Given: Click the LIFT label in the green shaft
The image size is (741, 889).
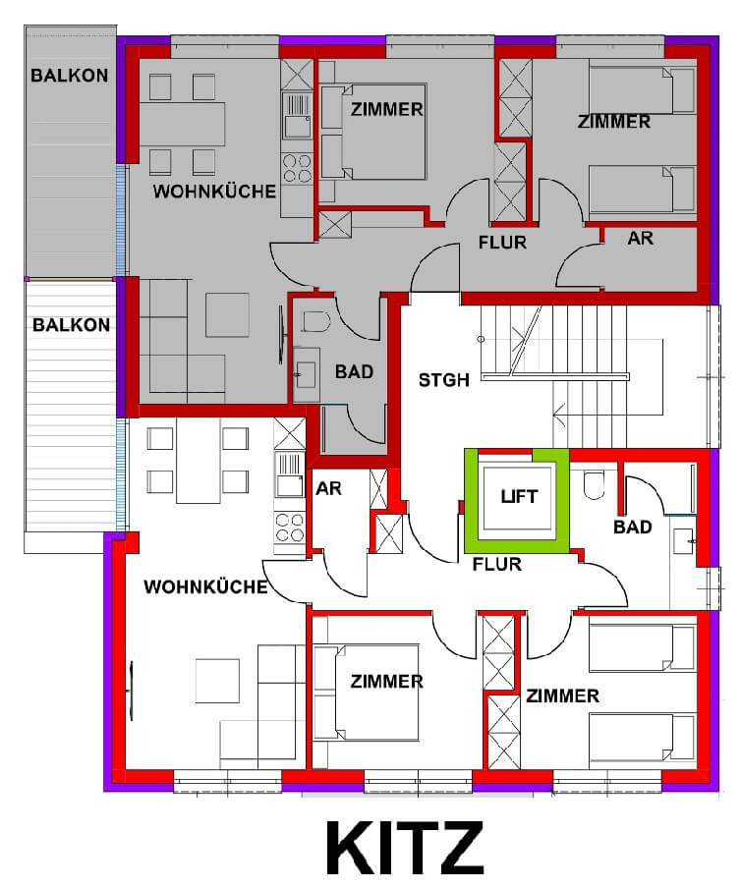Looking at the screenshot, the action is pyautogui.click(x=519, y=497).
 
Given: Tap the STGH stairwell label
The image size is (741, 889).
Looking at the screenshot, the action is pyautogui.click(x=443, y=380).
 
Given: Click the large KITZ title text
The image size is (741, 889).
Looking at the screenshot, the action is pyautogui.click(x=405, y=848).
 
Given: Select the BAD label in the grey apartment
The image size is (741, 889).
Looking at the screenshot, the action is pyautogui.click(x=354, y=372).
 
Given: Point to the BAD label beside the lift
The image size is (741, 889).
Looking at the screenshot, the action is pyautogui.click(x=633, y=527).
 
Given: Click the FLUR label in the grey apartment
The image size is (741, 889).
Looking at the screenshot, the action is pyautogui.click(x=502, y=243).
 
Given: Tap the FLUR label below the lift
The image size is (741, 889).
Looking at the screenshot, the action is pyautogui.click(x=497, y=564).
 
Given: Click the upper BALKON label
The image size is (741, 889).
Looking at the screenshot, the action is pyautogui.click(x=69, y=76).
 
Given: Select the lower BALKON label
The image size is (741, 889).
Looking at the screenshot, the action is pyautogui.click(x=71, y=325).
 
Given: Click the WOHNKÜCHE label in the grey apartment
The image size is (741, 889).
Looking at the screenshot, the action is pyautogui.click(x=214, y=192).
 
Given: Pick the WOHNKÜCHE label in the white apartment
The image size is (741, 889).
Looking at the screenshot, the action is pyautogui.click(x=205, y=586).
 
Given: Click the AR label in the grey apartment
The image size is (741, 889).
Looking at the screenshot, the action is pyautogui.click(x=640, y=238).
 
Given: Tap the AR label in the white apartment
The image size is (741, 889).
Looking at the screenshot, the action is pyautogui.click(x=328, y=488).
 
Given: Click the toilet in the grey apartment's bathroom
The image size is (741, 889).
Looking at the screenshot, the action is pyautogui.click(x=315, y=321).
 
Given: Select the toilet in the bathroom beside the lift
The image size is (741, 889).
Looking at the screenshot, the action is pyautogui.click(x=594, y=484).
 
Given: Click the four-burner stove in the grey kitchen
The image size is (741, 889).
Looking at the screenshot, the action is pyautogui.click(x=298, y=168).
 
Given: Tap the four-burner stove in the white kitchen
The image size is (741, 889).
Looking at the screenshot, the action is pyautogui.click(x=289, y=528).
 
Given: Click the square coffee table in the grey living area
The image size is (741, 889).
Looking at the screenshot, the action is pyautogui.click(x=227, y=314).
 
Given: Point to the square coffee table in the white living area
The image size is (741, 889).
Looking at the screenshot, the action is pyautogui.click(x=218, y=681).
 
